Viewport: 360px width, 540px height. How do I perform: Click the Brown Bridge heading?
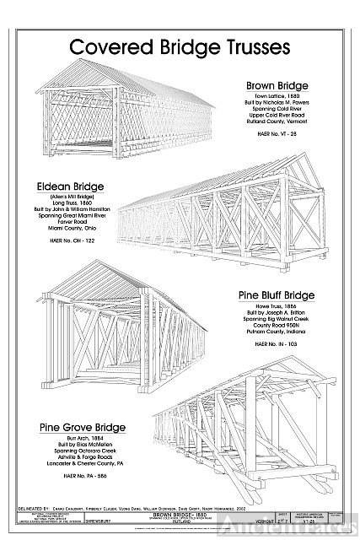tap(277, 86)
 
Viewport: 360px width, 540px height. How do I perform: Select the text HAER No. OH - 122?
tap(76, 241)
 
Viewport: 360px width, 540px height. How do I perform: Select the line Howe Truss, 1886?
tap(277, 308)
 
